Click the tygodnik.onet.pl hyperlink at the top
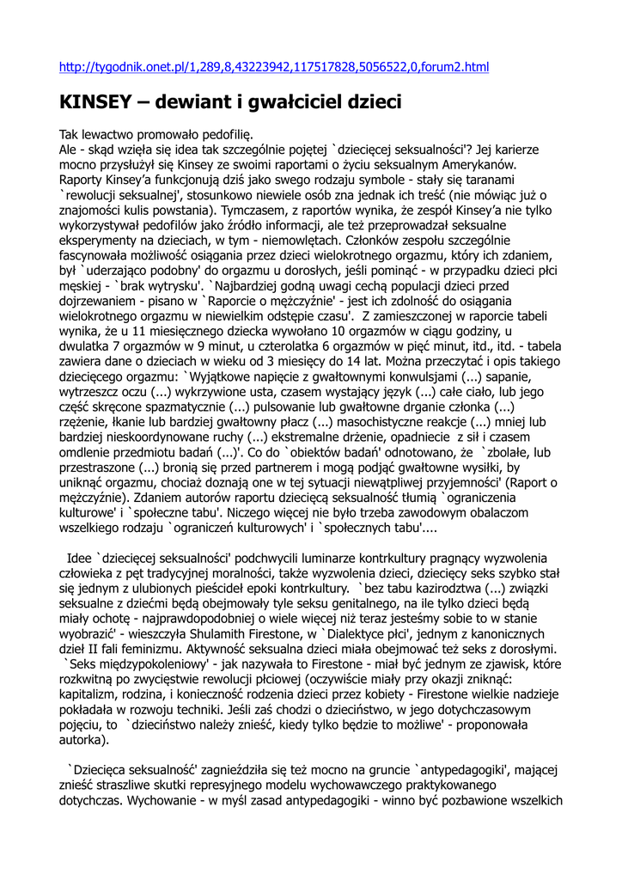click(273, 67)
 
